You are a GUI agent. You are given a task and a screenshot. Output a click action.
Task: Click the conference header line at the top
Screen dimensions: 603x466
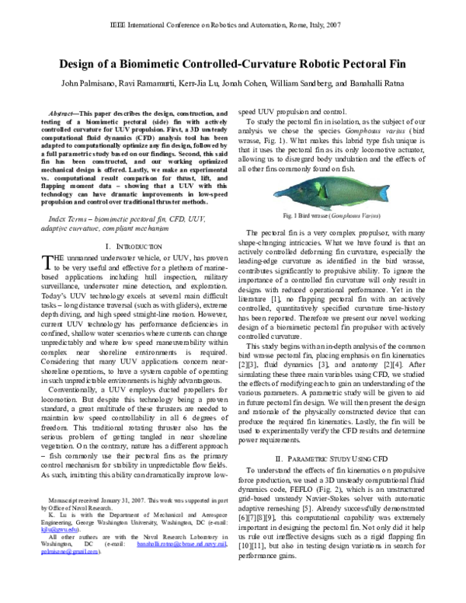[x=232, y=24]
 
